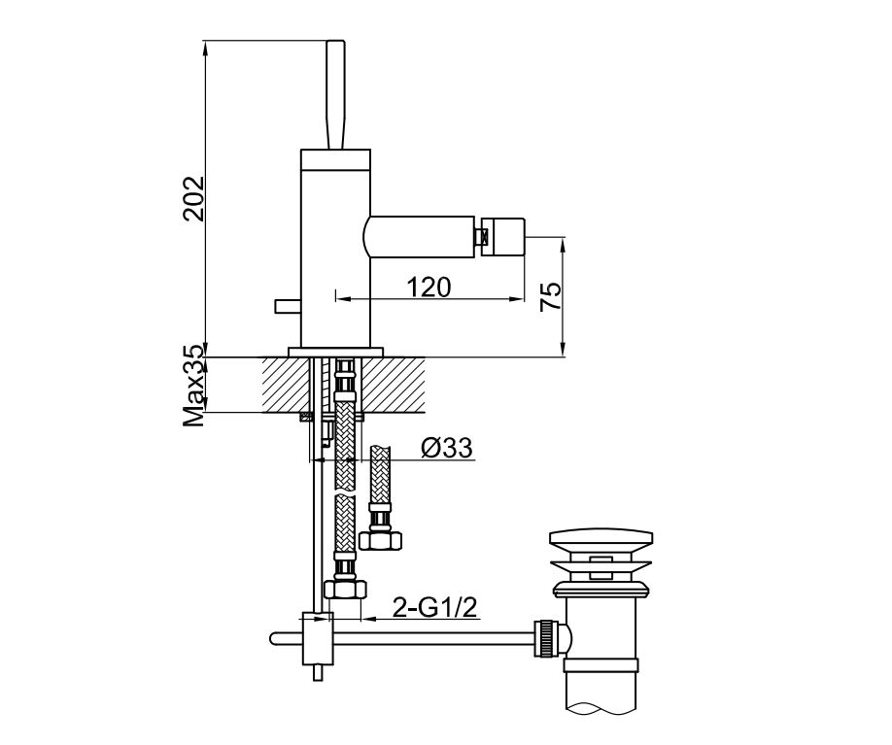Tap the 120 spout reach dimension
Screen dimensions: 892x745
(x=429, y=288)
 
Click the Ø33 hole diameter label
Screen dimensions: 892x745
(x=447, y=448)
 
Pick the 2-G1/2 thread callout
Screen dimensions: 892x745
(x=434, y=608)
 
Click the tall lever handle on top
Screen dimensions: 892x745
(x=335, y=94)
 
